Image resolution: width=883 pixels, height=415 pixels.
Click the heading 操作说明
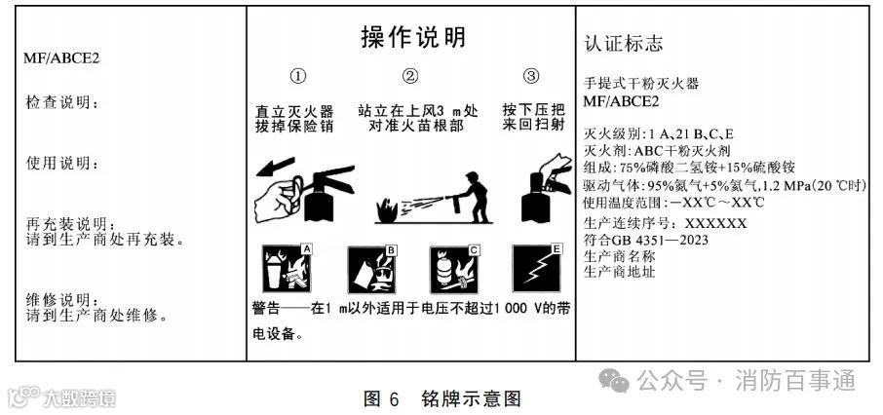click(413, 38)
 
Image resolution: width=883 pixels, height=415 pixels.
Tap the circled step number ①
click(298, 77)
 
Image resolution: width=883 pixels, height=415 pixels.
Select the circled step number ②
click(410, 77)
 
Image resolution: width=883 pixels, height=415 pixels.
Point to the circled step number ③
click(531, 76)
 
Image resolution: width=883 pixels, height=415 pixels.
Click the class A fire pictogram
click(287, 268)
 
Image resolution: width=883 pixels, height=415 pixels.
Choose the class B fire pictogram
click(371, 269)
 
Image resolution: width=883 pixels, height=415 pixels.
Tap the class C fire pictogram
click(454, 269)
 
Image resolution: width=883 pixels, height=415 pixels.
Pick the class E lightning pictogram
click(537, 268)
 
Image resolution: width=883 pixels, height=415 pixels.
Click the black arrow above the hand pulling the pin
click(276, 166)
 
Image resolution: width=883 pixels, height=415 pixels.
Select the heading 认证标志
click(624, 44)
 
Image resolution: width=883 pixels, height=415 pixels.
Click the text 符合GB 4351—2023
click(646, 240)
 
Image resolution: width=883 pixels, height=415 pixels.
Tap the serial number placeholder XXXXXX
click(715, 223)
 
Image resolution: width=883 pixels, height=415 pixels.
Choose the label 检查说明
click(61, 103)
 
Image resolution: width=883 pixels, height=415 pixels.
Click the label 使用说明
click(61, 164)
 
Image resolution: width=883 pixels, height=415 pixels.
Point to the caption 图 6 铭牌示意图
click(442, 398)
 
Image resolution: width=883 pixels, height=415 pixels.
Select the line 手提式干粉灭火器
click(641, 84)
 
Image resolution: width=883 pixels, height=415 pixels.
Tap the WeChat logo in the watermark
click(614, 381)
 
